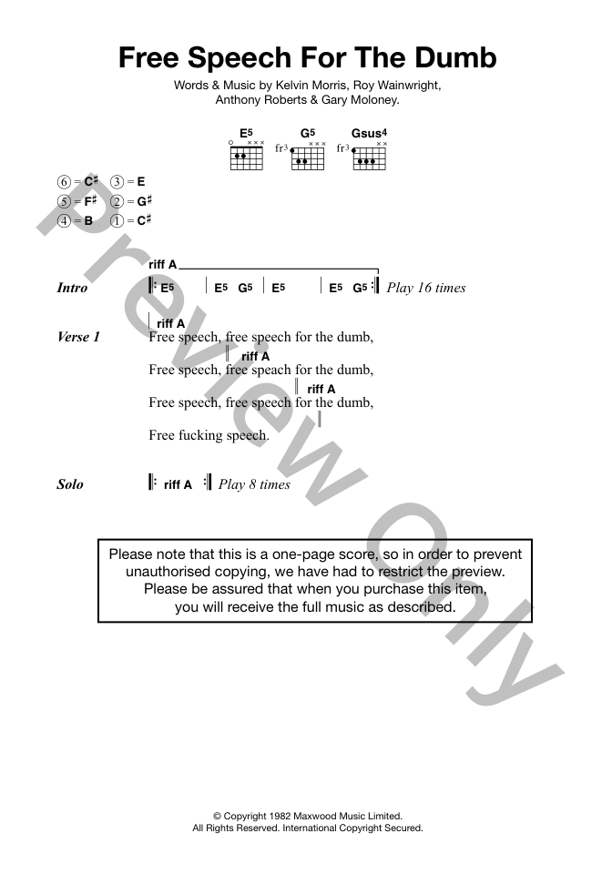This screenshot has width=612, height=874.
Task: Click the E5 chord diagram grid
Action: (x=247, y=158)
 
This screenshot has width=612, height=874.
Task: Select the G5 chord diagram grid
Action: (x=308, y=158)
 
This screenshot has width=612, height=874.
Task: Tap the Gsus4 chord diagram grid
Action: (x=369, y=158)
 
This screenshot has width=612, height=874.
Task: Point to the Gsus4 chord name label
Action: (x=369, y=133)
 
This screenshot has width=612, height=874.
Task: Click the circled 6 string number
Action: (x=64, y=182)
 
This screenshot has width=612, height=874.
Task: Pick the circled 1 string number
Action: (x=117, y=220)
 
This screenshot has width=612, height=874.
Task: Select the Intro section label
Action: (x=72, y=288)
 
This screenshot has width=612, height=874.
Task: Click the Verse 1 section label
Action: (x=78, y=337)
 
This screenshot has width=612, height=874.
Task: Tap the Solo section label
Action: (x=70, y=483)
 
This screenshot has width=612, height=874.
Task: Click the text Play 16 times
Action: (x=426, y=288)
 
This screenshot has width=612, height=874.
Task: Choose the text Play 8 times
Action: (x=254, y=484)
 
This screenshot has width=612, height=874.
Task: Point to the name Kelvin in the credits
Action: (x=291, y=86)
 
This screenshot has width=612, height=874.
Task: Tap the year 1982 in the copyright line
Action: (x=279, y=816)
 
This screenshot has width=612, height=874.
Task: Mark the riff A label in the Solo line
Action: (x=178, y=485)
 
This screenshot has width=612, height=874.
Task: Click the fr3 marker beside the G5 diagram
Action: (x=282, y=148)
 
